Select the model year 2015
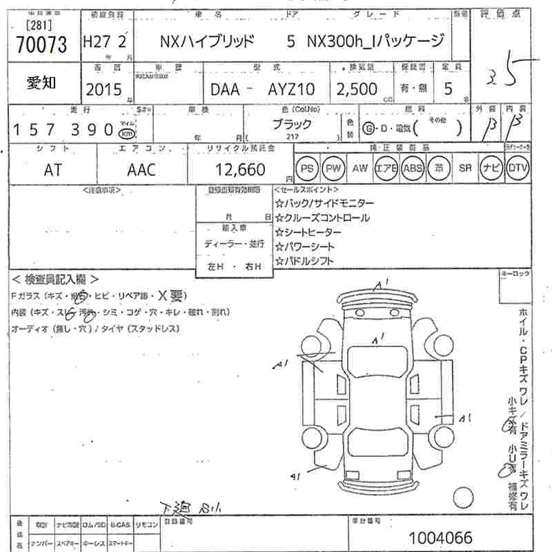pyautogui.click(x=103, y=89)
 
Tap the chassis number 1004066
pyautogui.click(x=440, y=537)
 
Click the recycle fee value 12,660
pyautogui.click(x=240, y=169)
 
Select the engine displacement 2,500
pyautogui.click(x=357, y=89)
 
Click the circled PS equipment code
pyautogui.click(x=307, y=168)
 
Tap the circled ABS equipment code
pyautogui.click(x=413, y=168)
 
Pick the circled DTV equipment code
pyautogui.click(x=517, y=168)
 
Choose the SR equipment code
pyautogui.click(x=465, y=168)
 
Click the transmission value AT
pyautogui.click(x=52, y=170)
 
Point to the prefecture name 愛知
pyautogui.click(x=42, y=83)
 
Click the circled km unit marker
pyautogui.click(x=126, y=133)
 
